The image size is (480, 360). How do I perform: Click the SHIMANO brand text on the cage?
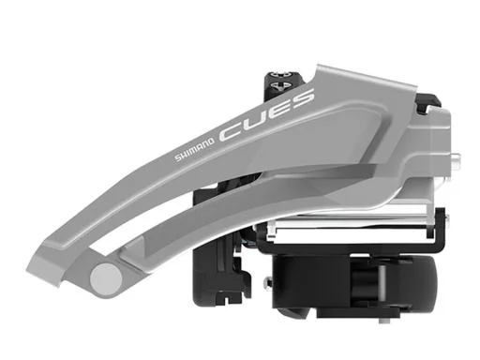[x=194, y=149]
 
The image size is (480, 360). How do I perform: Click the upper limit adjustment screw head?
[x=280, y=75]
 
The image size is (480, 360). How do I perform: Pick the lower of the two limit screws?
[x=280, y=85]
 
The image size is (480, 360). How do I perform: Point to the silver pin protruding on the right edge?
[x=456, y=157]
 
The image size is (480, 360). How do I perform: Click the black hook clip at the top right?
[x=428, y=103]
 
